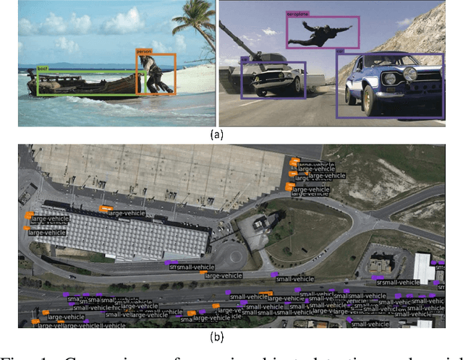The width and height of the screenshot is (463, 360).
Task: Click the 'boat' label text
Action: click(x=42, y=69)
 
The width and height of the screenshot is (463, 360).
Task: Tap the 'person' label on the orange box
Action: click(x=143, y=51)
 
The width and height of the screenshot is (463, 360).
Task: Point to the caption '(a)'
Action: click(x=216, y=134)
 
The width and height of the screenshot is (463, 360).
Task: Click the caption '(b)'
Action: click(x=216, y=336)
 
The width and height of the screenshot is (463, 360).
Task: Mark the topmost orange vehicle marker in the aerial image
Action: click(x=294, y=160)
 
